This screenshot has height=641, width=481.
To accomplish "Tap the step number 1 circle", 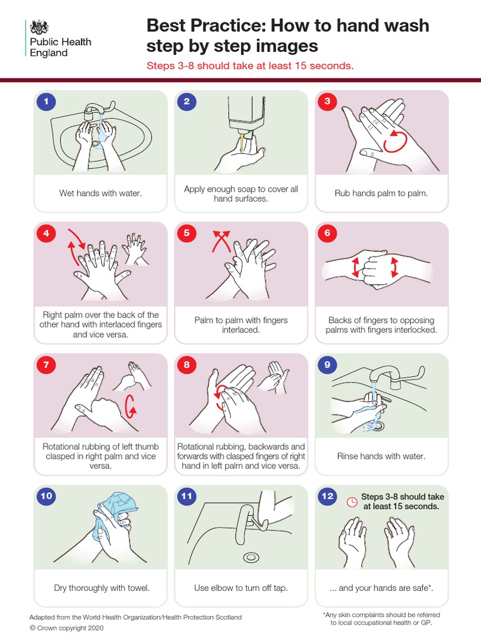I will pyautogui.click(x=45, y=101).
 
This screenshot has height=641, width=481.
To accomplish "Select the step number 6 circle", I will pyautogui.click(x=327, y=233).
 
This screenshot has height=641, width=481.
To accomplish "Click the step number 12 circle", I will pyautogui.click(x=327, y=496).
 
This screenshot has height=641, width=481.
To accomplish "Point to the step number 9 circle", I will pyautogui.click(x=327, y=364).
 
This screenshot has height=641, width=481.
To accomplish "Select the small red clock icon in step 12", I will pyautogui.click(x=352, y=501).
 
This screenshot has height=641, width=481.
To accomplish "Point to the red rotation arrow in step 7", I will pyautogui.click(x=130, y=406).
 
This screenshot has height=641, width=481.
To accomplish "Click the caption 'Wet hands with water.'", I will pyautogui.click(x=100, y=193).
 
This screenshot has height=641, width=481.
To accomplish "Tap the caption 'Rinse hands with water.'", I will pyautogui.click(x=381, y=456).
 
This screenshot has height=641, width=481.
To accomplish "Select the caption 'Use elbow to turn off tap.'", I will pyautogui.click(x=240, y=588).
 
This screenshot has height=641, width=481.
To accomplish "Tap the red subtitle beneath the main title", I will pyautogui.click(x=251, y=65).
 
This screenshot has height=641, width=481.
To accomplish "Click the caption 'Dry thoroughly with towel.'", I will pyautogui.click(x=101, y=588).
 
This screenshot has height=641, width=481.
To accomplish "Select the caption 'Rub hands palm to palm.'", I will pyautogui.click(x=381, y=193).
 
